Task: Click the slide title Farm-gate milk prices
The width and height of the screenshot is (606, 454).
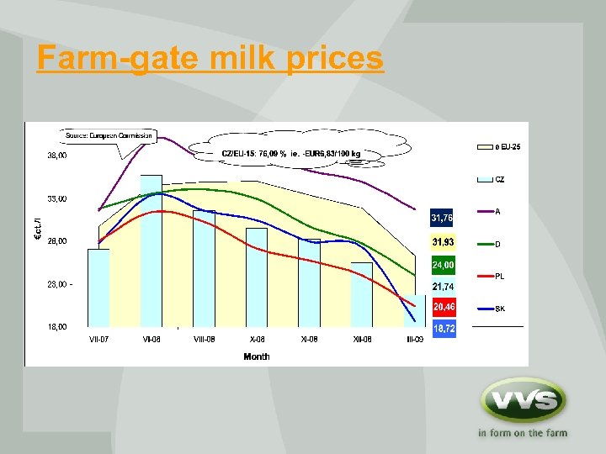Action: point(210,59)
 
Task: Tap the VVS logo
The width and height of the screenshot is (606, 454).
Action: point(522,399)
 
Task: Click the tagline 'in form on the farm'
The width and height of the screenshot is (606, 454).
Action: point(522,434)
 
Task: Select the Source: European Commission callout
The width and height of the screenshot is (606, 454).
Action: point(109,135)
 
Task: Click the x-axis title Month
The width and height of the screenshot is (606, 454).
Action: point(256,356)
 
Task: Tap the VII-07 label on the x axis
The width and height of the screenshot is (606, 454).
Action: point(99,340)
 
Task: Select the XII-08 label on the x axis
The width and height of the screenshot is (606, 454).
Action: point(362,340)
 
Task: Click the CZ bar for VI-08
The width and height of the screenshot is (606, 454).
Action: point(151,252)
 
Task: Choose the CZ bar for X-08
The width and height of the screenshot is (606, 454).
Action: point(257,277)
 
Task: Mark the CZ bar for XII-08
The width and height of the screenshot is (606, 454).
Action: point(361,294)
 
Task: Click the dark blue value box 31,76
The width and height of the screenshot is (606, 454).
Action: point(443,219)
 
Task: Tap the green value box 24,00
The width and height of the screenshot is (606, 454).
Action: point(443,265)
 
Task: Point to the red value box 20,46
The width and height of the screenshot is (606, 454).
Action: point(444,308)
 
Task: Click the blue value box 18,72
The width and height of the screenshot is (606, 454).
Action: point(444,329)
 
